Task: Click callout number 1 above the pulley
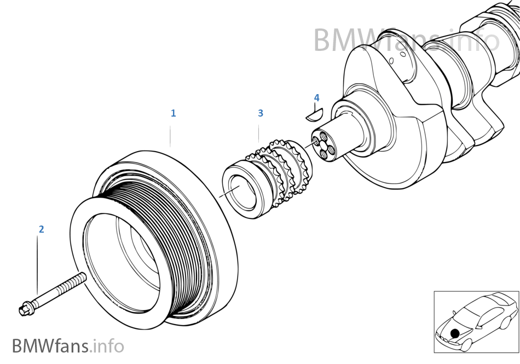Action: point(173,113)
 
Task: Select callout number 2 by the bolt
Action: point(41,229)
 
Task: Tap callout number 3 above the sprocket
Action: point(261,113)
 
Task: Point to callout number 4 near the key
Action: point(316,98)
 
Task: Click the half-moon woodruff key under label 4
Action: point(314,114)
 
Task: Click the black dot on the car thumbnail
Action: point(455,333)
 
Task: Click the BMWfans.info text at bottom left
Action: point(68,346)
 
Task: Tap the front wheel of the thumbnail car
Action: point(465,345)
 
